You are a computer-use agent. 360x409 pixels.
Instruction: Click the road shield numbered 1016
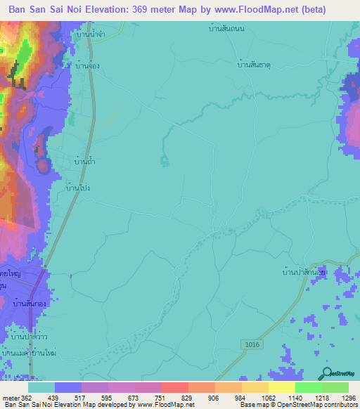(x=254, y=342)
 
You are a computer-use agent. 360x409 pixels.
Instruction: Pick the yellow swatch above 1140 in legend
(x=281, y=387)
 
